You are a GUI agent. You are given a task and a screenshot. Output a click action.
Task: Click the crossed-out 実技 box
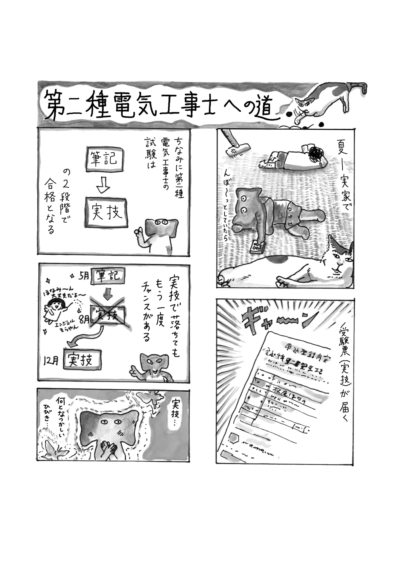[x=107, y=315]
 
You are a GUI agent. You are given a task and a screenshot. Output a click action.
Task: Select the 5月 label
[x=83, y=276]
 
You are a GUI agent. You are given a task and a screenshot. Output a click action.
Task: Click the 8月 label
[x=84, y=319]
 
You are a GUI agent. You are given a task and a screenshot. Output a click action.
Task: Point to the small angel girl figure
[x=56, y=310]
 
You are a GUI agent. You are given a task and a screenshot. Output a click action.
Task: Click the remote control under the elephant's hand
[x=257, y=247]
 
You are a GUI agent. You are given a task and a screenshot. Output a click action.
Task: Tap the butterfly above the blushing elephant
[x=151, y=398]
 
